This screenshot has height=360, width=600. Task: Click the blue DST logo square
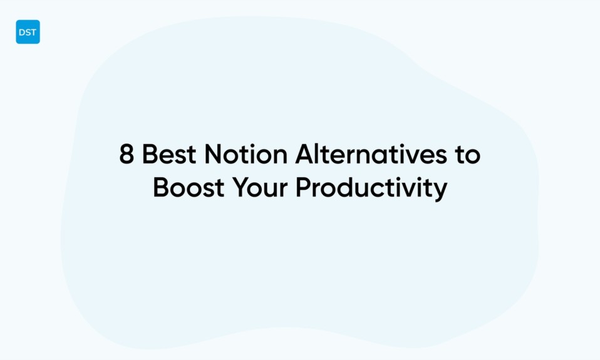click(x=28, y=32)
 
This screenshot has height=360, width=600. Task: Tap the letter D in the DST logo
click(x=22, y=33)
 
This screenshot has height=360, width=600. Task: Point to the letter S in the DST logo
click(x=28, y=33)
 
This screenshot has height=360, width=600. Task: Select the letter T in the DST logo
click(x=33, y=33)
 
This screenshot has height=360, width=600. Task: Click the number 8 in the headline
click(x=127, y=154)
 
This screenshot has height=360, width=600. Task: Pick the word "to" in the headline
click(x=467, y=154)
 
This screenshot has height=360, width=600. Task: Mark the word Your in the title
click(x=261, y=188)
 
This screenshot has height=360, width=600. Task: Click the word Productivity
click(x=371, y=188)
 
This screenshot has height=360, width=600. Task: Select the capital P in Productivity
click(x=304, y=188)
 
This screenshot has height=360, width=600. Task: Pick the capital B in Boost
click(x=161, y=188)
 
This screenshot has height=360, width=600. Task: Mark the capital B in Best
click(x=150, y=154)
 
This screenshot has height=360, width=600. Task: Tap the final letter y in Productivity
click(x=441, y=191)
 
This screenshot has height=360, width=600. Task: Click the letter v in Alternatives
click(x=403, y=155)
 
